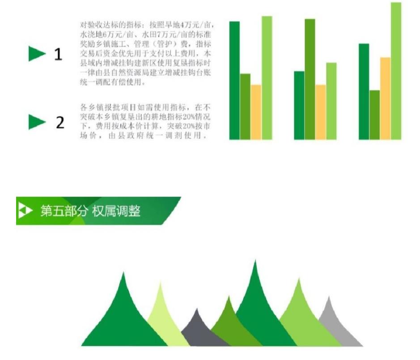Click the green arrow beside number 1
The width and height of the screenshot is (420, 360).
tap(37, 54)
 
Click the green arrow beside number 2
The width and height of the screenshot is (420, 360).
tap(37, 122)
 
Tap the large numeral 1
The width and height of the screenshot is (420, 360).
tap(59, 54)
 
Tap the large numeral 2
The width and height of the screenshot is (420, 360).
tap(60, 123)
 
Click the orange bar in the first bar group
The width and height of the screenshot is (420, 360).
tap(256, 112)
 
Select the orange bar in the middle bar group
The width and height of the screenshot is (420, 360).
tap(321, 112)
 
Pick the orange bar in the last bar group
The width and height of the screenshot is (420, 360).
tap(385, 98)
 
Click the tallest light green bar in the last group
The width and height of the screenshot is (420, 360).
tap(396, 71)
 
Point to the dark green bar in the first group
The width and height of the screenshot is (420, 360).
tap(235, 80)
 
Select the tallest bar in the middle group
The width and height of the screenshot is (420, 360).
tap(310, 79)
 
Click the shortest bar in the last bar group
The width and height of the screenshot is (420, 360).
tap(375, 115)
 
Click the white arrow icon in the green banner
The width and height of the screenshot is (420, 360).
tap(25, 211)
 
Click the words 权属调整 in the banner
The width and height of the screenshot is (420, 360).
tap(116, 211)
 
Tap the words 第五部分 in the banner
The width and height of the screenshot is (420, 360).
tap(64, 211)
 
